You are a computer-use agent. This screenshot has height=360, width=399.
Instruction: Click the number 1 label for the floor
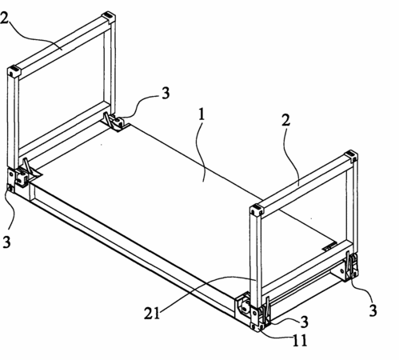[x=201, y=114]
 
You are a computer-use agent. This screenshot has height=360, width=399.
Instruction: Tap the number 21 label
[x=152, y=313]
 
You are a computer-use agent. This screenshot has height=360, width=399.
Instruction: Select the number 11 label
[x=300, y=340]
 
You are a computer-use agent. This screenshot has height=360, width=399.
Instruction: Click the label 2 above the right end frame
[x=285, y=120]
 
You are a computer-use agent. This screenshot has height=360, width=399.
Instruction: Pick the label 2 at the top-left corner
[x=5, y=18]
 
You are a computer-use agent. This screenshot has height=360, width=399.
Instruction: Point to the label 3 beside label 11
[x=304, y=322]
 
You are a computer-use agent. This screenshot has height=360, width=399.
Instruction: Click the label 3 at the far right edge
[x=373, y=310]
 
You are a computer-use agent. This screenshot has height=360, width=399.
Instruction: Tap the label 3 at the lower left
[x=6, y=242]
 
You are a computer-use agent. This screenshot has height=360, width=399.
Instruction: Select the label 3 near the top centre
[x=166, y=94]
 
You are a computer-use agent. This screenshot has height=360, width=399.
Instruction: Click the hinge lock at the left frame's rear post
[x=114, y=122]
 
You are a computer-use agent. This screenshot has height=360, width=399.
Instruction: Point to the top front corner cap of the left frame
[x=14, y=71]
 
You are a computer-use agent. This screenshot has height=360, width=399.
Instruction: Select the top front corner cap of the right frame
[x=257, y=210]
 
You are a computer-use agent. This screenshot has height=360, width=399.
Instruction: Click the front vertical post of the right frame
[x=256, y=260]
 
